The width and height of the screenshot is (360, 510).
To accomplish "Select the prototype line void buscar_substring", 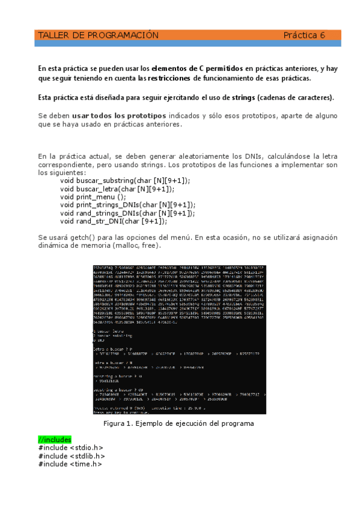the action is point(124,180).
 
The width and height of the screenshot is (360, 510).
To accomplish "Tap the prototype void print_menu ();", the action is point(93,196).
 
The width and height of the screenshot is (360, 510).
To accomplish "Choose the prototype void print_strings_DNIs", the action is point(127,204).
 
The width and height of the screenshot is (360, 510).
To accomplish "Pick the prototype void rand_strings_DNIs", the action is point(127,212).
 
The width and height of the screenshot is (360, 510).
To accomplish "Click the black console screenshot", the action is point(179,331).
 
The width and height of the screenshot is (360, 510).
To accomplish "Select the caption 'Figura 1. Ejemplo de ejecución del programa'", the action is point(179,407).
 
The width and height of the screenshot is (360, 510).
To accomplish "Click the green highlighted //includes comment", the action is point(54,440).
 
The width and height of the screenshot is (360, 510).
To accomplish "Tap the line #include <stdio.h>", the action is point(70,447).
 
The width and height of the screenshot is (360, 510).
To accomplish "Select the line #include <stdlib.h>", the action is point(72,456).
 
